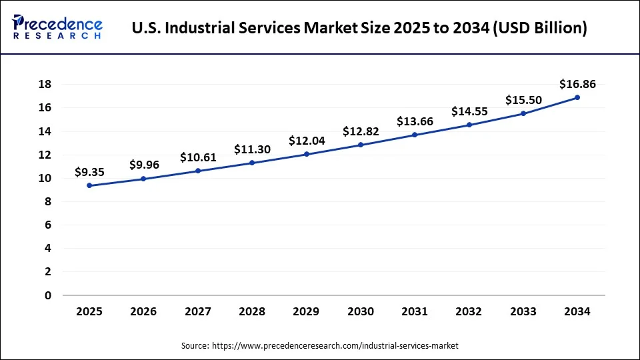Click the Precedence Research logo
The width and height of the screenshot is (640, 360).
57,27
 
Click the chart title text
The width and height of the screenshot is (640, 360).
359,29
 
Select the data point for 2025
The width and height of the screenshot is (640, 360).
89,185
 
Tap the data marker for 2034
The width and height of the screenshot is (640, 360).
577,97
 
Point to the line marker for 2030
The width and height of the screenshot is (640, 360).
361,145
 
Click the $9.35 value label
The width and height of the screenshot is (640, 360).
89,172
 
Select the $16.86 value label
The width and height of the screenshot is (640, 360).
577,84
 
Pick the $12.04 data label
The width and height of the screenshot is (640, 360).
307,141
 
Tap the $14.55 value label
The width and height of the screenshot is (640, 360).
469,111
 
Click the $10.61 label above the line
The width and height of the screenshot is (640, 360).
198,157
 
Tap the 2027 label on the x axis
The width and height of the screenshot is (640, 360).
198,311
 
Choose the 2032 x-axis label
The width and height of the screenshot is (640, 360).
469,311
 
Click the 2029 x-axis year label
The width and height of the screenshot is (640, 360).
307,311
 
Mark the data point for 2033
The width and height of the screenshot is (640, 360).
523,113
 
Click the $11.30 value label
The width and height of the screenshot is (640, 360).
252,149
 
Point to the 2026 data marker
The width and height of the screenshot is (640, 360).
143,179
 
